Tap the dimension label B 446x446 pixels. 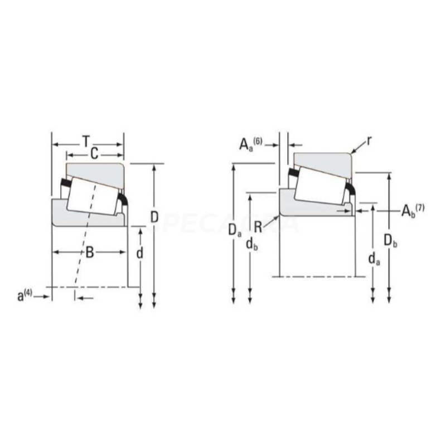pos(89,253)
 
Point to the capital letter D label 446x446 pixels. pos(155,217)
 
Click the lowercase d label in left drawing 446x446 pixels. pos(140,254)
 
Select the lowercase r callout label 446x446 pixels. pos(369,140)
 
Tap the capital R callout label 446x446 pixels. pos(258,226)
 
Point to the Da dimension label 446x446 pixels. pos(235,229)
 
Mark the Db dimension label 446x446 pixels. pos(390,240)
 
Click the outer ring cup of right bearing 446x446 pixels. pos(329,158)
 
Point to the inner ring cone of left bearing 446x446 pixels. pos(84,217)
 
